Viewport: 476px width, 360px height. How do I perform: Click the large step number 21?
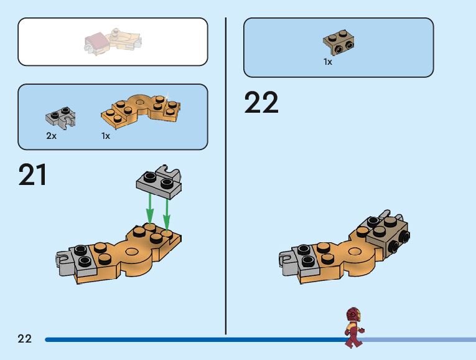[x=33, y=174]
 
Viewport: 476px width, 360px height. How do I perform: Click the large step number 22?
[x=261, y=103]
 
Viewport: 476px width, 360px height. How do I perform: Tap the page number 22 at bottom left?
[x=24, y=339]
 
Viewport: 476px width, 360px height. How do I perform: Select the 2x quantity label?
[x=51, y=136]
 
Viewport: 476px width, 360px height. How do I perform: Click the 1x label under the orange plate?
[x=106, y=136]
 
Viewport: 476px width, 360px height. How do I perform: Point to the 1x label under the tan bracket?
[x=328, y=62]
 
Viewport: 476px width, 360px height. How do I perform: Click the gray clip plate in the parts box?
[x=60, y=117]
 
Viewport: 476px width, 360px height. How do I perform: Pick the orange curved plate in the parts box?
[x=140, y=108]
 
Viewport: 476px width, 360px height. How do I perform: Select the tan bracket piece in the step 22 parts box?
[x=339, y=42]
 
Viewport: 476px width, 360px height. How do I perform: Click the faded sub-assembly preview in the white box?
[x=113, y=40]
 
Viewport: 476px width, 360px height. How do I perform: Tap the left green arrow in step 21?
[x=150, y=209]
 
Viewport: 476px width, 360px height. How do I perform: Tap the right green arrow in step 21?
[x=167, y=212]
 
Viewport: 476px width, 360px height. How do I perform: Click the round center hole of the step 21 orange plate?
[x=131, y=253]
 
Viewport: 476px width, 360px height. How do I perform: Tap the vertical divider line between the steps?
[x=225, y=174]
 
